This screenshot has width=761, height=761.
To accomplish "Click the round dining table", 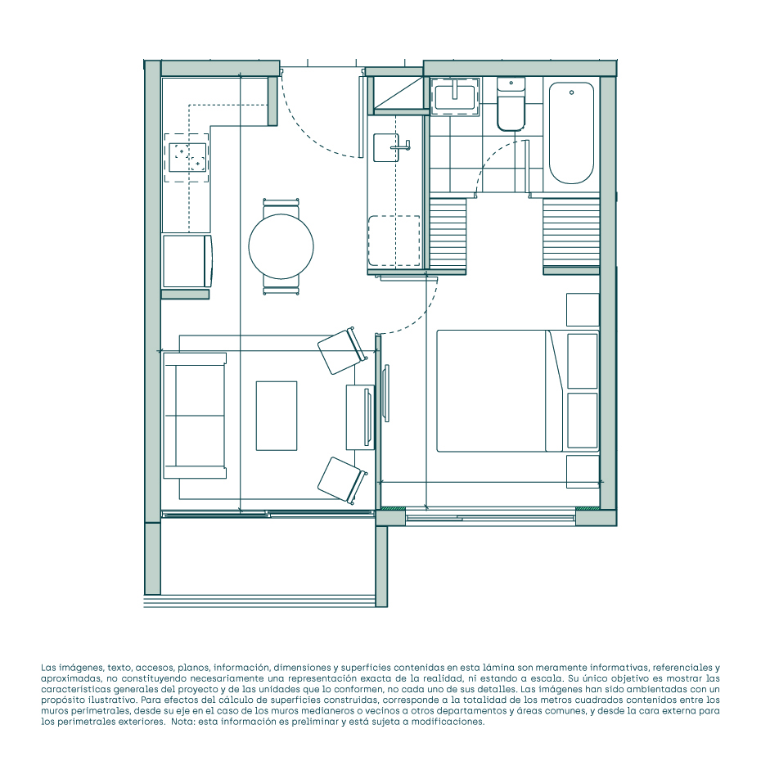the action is [x=281, y=246].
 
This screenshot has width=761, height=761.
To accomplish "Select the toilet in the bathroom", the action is [x=511, y=105].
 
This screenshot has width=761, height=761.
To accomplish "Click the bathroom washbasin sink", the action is [x=455, y=97].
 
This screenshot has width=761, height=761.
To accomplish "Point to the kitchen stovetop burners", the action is [x=188, y=157].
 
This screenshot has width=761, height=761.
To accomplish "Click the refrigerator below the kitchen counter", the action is [x=187, y=261].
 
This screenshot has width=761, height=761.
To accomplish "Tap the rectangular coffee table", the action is [x=277, y=416].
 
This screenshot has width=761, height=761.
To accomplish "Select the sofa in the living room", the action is [x=195, y=416].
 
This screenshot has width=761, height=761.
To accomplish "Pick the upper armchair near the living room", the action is [x=342, y=351].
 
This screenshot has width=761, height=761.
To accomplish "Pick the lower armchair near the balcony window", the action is [x=342, y=480].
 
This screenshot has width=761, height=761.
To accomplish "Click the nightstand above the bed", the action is [x=583, y=309].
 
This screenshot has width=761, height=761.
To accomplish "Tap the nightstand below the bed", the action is [x=583, y=471].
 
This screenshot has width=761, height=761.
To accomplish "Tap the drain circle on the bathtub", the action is [x=572, y=92].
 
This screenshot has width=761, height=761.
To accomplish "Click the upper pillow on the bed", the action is [x=583, y=361].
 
